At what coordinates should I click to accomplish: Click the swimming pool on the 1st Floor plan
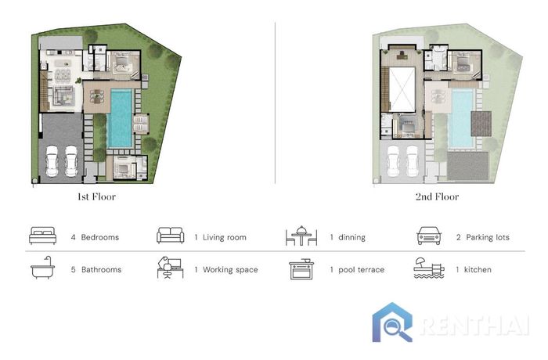(120, 118)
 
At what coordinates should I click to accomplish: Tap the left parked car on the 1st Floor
(52, 160)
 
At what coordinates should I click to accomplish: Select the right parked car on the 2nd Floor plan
(412, 161)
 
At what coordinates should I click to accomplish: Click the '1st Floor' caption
(96, 196)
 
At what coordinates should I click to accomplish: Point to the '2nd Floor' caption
(437, 196)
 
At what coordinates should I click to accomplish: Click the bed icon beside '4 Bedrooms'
(42, 236)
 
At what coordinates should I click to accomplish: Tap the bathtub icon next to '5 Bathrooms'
(42, 268)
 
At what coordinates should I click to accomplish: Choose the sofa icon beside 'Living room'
(170, 236)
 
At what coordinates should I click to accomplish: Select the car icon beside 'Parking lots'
(429, 236)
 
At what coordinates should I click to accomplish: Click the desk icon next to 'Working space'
(170, 268)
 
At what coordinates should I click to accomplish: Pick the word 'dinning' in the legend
(352, 237)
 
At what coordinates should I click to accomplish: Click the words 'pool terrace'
(361, 270)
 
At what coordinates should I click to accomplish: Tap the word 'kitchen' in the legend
(478, 269)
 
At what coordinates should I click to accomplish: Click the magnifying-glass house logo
(392, 322)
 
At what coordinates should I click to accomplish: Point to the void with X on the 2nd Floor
(402, 90)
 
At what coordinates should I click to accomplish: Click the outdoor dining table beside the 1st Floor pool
(97, 96)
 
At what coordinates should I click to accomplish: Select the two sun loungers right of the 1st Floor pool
(140, 124)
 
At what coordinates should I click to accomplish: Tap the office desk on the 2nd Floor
(402, 54)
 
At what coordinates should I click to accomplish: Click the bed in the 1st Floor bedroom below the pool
(123, 168)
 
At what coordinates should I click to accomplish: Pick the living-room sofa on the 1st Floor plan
(63, 95)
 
